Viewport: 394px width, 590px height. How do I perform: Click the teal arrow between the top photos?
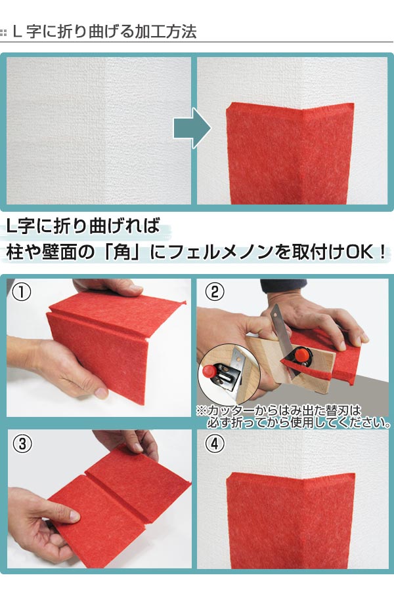pyautogui.click(x=192, y=128)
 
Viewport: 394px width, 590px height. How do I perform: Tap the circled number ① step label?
pyautogui.click(x=22, y=292)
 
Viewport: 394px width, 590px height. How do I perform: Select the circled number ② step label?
pyautogui.click(x=215, y=292)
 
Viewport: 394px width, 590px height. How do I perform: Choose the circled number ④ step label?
pyautogui.click(x=215, y=444)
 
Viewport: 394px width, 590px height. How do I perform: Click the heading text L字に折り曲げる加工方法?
pyautogui.click(x=104, y=31)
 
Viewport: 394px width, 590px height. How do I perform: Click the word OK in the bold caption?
pyautogui.click(x=359, y=252)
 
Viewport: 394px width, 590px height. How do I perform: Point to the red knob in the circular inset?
pyautogui.click(x=209, y=371)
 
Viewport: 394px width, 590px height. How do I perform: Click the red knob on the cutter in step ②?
pyautogui.click(x=301, y=354)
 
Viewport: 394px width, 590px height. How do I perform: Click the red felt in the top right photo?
pyautogui.click(x=290, y=154)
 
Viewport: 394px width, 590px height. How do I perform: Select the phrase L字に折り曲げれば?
pyautogui.click(x=83, y=227)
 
